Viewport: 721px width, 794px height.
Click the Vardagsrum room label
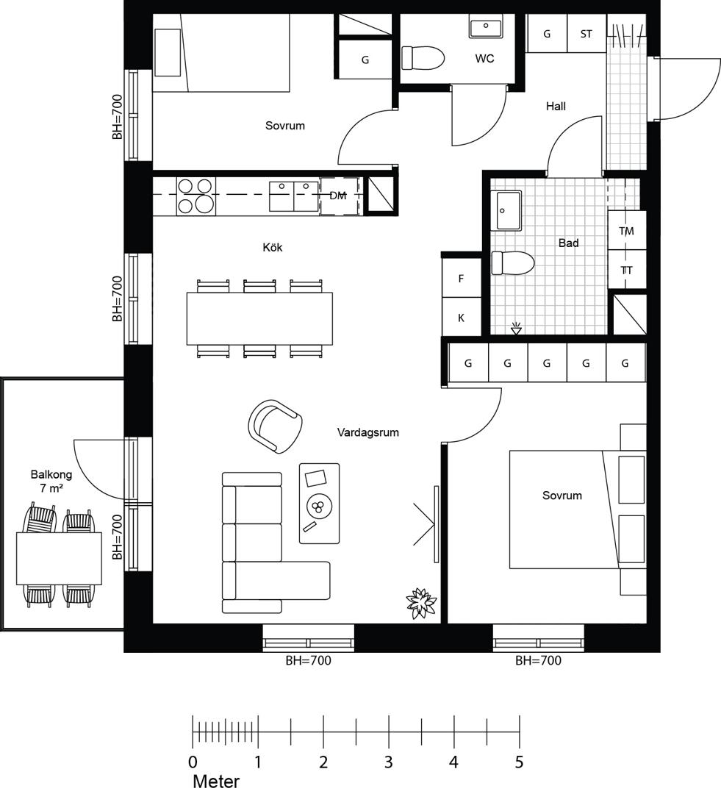[368, 432]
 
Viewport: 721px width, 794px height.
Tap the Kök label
[273, 247]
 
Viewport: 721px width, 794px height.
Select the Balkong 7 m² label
[51, 481]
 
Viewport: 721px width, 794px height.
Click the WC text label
[484, 58]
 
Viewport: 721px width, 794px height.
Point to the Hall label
[556, 107]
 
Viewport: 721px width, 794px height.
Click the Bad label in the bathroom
[568, 243]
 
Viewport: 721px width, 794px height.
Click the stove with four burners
[196, 196]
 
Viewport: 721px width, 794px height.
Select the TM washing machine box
[627, 230]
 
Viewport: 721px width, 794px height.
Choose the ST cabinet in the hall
[586, 33]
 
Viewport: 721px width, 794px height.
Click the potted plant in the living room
[421, 603]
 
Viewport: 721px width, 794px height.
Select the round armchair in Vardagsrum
[276, 426]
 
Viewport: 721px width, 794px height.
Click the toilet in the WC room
[423, 58]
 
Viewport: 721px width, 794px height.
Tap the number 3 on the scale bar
[388, 762]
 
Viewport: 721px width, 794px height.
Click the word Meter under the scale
[216, 782]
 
